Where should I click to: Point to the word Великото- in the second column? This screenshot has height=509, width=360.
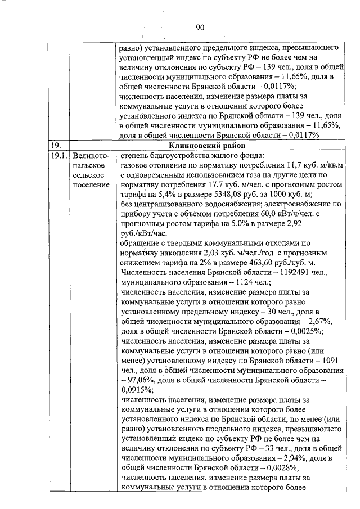pos(88,156)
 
